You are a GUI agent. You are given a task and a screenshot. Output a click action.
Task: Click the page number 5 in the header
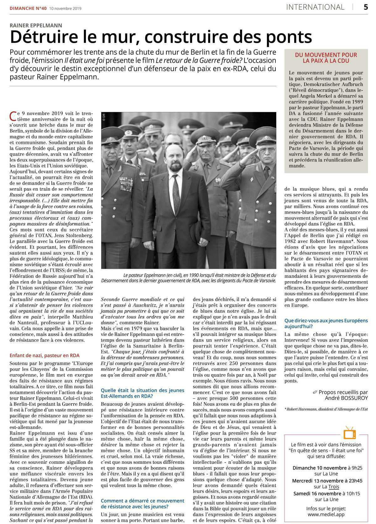366,7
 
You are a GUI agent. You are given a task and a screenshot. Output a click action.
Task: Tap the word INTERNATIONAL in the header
315,7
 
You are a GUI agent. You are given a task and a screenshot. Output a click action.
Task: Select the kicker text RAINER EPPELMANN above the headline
36,25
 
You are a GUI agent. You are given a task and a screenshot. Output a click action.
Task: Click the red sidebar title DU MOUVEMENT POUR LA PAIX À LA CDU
326,58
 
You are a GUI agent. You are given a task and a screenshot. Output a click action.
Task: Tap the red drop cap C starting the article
13,116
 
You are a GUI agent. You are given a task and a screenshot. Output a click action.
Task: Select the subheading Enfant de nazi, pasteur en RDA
44,355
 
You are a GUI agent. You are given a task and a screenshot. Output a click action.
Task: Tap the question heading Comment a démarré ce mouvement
142,500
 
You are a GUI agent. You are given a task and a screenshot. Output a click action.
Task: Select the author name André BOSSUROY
346,398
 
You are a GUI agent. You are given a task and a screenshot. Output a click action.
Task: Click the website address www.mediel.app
326,515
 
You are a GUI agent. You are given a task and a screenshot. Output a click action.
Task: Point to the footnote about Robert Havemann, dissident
326,409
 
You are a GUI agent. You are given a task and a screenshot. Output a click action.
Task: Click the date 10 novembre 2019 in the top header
65,8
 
